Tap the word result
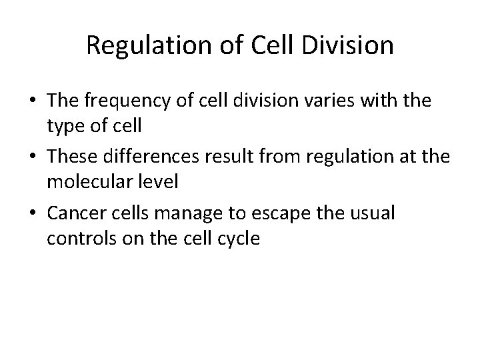tap(245, 152)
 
